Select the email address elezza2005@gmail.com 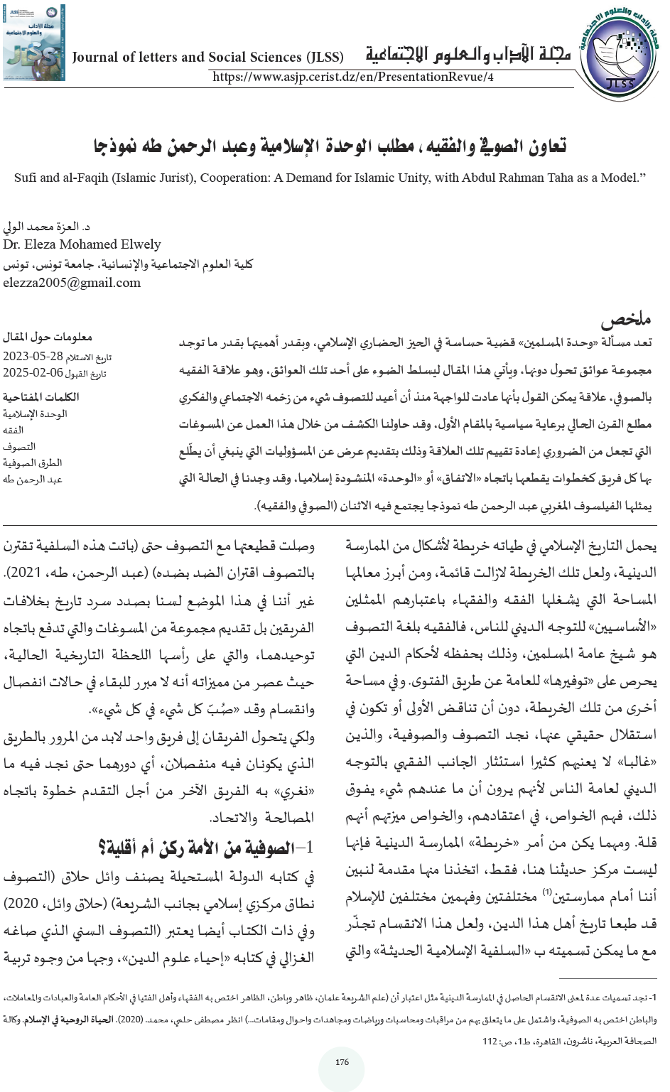coord(72,283)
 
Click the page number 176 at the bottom coord(342,1063)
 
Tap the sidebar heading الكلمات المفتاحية coord(40,397)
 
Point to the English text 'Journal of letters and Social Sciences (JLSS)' coord(207,58)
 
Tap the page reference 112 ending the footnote coord(490,1042)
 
